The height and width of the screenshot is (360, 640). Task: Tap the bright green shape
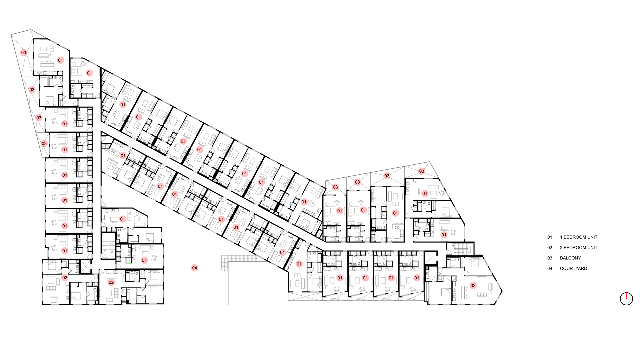(x=127, y=265)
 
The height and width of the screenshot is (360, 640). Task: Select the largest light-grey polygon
(x=154, y=292)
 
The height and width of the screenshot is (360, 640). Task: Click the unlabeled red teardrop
(x=626, y=297)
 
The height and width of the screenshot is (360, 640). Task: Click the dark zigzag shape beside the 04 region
(x=224, y=265)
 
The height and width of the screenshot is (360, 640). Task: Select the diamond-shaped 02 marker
(x=65, y=277)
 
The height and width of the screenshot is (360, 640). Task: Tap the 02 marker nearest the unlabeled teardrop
(x=472, y=286)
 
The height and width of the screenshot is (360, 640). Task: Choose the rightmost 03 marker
(x=422, y=171)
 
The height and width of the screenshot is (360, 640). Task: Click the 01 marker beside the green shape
(x=144, y=260)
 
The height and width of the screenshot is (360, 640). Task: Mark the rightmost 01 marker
(x=443, y=235)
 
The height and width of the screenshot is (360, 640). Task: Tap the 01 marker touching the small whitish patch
(x=123, y=156)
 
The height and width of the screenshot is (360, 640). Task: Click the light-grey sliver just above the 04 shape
(x=206, y=217)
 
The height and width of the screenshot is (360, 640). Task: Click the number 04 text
(x=195, y=268)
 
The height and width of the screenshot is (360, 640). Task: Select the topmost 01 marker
(x=60, y=60)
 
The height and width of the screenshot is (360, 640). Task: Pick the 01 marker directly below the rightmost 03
(x=424, y=193)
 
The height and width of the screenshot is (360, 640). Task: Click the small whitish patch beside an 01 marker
(x=113, y=156)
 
